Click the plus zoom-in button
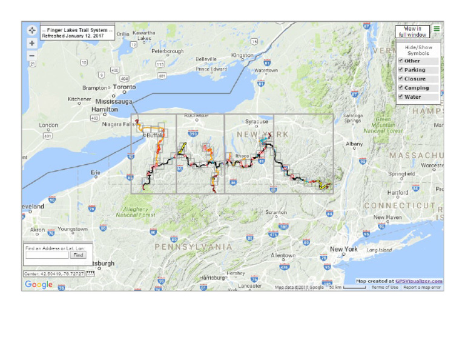tap(32, 44)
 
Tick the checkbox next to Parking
tap(400, 70)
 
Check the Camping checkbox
tap(400, 88)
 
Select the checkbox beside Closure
tap(400, 79)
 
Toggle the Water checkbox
tap(400, 97)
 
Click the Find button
tap(78, 255)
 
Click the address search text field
tap(47, 255)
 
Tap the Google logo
tap(39, 284)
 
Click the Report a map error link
tap(423, 287)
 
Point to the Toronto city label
tap(125, 87)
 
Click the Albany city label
tap(354, 144)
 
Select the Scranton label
tap(275, 212)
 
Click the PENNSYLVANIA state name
tap(193, 247)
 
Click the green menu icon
tap(437, 28)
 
